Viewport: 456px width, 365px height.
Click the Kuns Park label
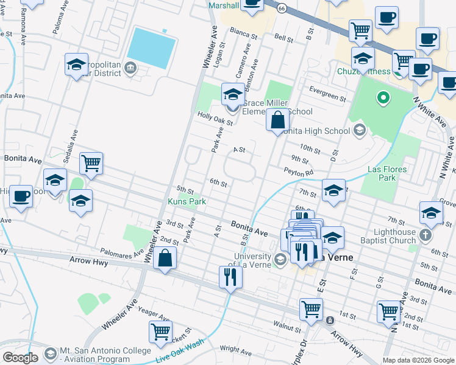pyautogui.click(x=187, y=201)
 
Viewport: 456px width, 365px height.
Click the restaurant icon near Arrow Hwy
pyautogui.click(x=230, y=277)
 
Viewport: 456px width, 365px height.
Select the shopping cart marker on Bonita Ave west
pyautogui.click(x=91, y=162)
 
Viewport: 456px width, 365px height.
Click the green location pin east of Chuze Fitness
pyautogui.click(x=383, y=97)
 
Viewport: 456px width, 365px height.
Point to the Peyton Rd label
pyautogui.click(x=299, y=172)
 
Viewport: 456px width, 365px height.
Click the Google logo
pyautogui.click(x=20, y=358)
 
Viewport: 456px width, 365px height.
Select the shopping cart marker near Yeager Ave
pyautogui.click(x=160, y=332)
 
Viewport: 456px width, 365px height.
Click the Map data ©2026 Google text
pyautogui.click(x=418, y=360)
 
